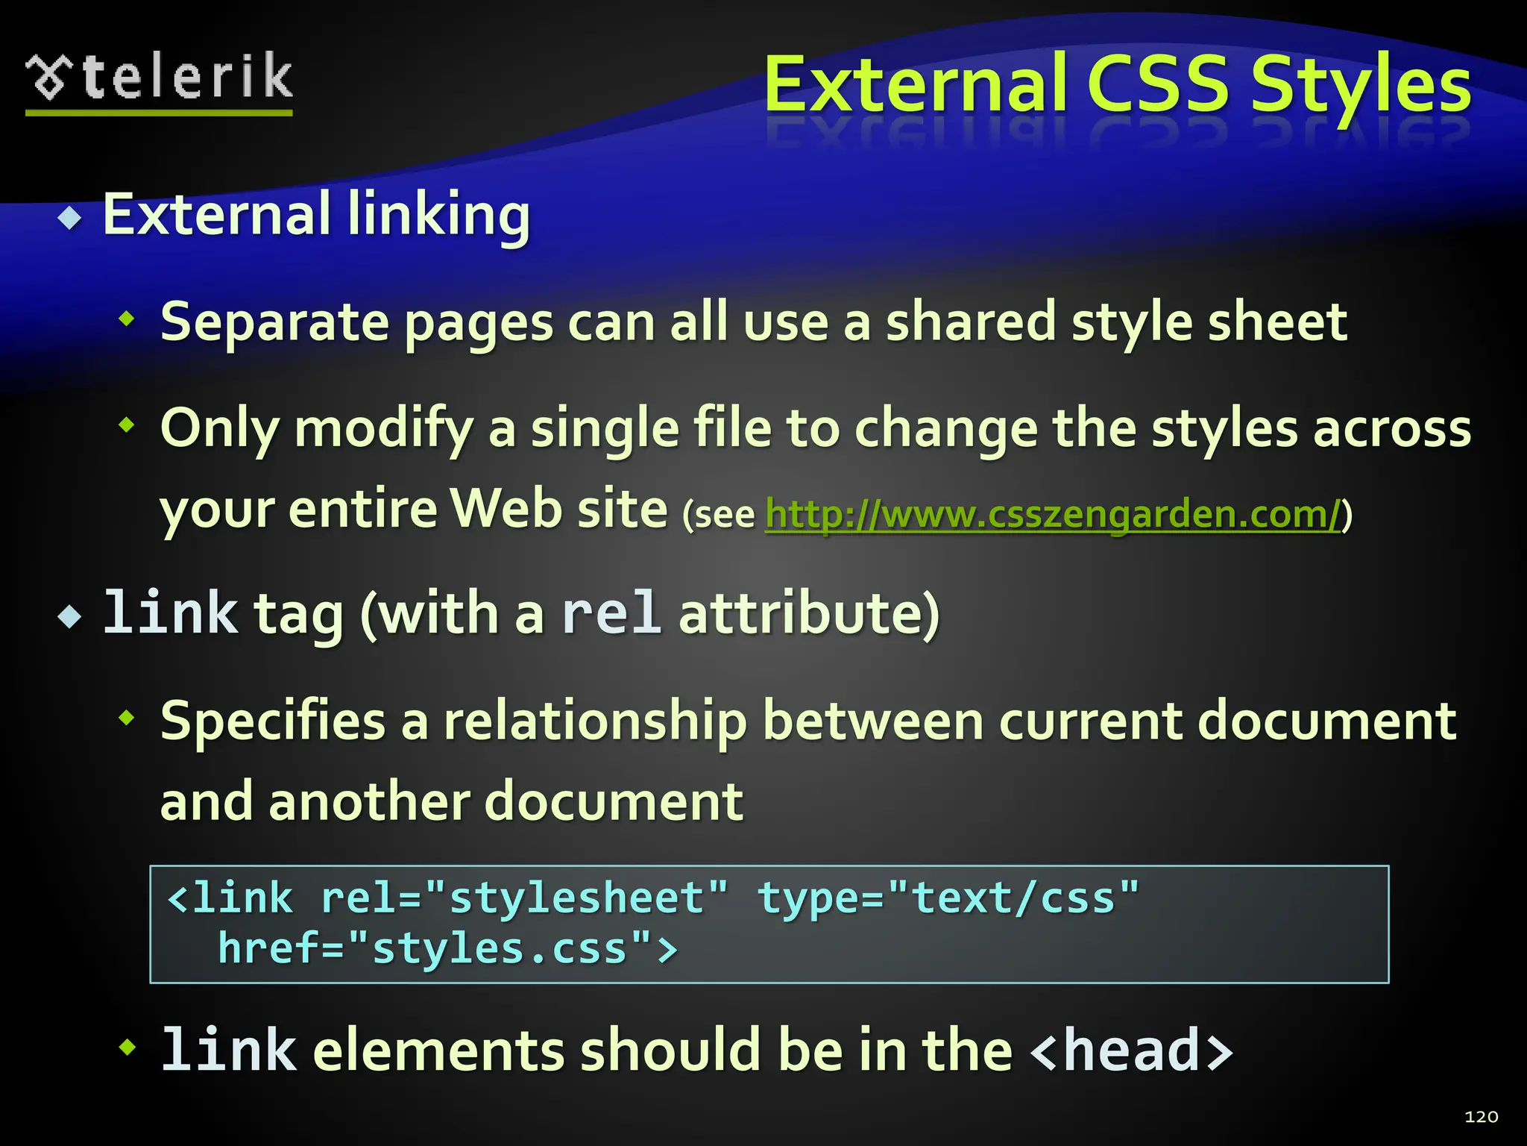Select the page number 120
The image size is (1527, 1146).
1481,1117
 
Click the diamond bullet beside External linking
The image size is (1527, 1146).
71,218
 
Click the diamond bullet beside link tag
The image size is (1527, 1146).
71,617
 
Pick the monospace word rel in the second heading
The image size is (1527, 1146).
611,613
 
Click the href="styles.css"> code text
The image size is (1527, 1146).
447,949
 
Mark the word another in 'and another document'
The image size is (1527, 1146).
369,802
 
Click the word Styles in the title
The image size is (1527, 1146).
1360,86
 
